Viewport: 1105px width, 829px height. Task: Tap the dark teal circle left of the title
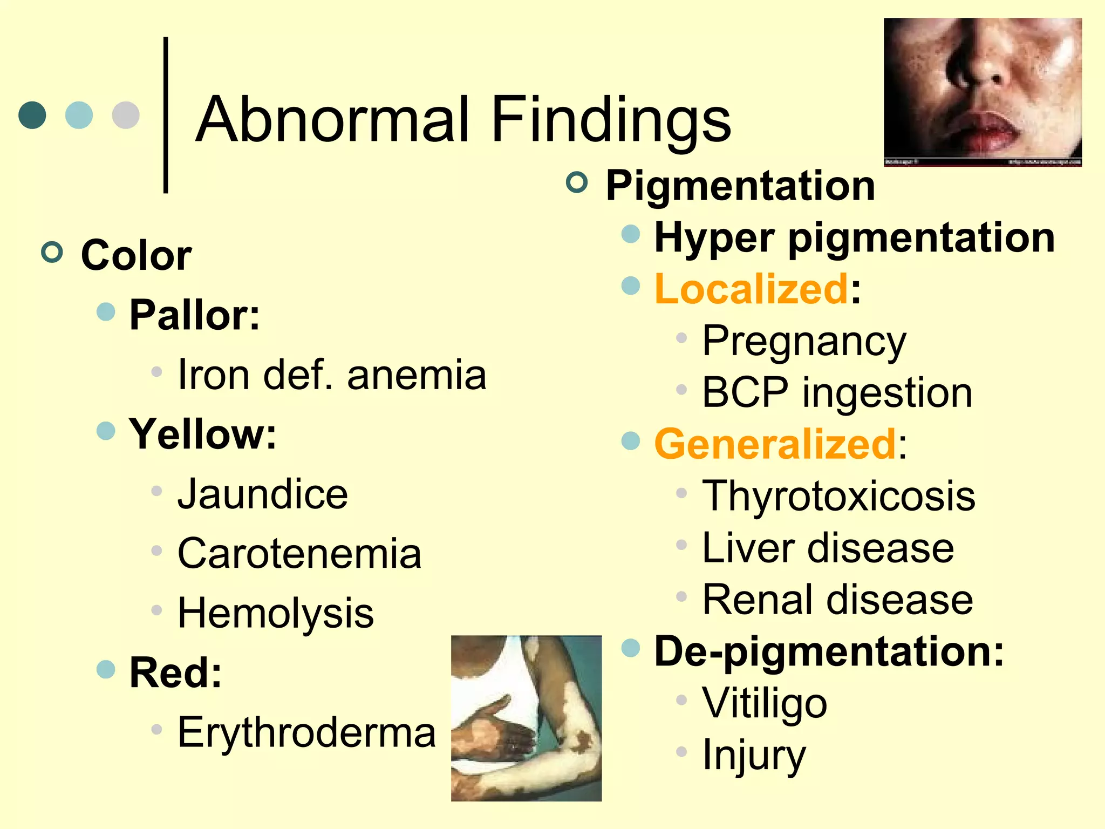pyautogui.click(x=32, y=115)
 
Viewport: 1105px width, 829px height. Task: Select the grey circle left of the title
pyautogui.click(x=126, y=115)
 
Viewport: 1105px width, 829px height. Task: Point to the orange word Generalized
pyautogui.click(x=775, y=444)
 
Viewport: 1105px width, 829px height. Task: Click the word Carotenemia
pyautogui.click(x=299, y=554)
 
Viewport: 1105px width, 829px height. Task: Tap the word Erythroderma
pyautogui.click(x=306, y=733)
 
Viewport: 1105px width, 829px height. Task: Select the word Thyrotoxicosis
pyautogui.click(x=838, y=496)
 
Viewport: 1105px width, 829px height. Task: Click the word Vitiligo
pyautogui.click(x=765, y=703)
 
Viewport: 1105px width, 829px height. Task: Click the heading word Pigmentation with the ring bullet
pyautogui.click(x=740, y=186)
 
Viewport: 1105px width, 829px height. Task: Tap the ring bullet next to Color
pyautogui.click(x=52, y=252)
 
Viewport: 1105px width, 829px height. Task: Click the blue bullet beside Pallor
pyautogui.click(x=106, y=311)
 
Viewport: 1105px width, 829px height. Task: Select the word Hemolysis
pyautogui.click(x=276, y=614)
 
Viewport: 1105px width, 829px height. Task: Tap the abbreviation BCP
pyautogui.click(x=745, y=393)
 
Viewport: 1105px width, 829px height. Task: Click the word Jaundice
pyautogui.click(x=263, y=494)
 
